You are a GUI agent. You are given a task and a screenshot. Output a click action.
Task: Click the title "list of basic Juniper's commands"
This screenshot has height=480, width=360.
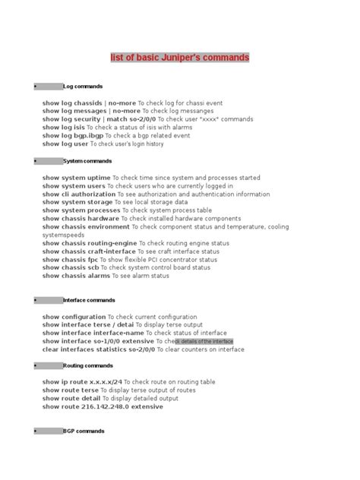coord(180,58)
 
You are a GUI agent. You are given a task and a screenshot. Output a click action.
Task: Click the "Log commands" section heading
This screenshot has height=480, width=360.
coord(83,87)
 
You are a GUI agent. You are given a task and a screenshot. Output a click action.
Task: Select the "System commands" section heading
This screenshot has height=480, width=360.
coord(87,161)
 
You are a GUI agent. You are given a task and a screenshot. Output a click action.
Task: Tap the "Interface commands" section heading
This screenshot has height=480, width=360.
coord(89,300)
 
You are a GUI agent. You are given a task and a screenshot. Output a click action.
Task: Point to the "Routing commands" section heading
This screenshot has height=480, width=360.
coord(88,365)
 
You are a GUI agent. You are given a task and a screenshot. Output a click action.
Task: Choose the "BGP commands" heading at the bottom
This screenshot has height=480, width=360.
coord(84,431)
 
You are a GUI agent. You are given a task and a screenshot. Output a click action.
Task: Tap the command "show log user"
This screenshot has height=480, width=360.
coord(65,144)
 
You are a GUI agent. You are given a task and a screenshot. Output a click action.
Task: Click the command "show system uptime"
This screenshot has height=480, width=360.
coord(79,178)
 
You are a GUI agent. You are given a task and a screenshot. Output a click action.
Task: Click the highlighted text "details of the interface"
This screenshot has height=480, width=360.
coord(205,342)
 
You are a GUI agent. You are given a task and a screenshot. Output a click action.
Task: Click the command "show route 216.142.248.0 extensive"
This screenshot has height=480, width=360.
coord(103,406)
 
